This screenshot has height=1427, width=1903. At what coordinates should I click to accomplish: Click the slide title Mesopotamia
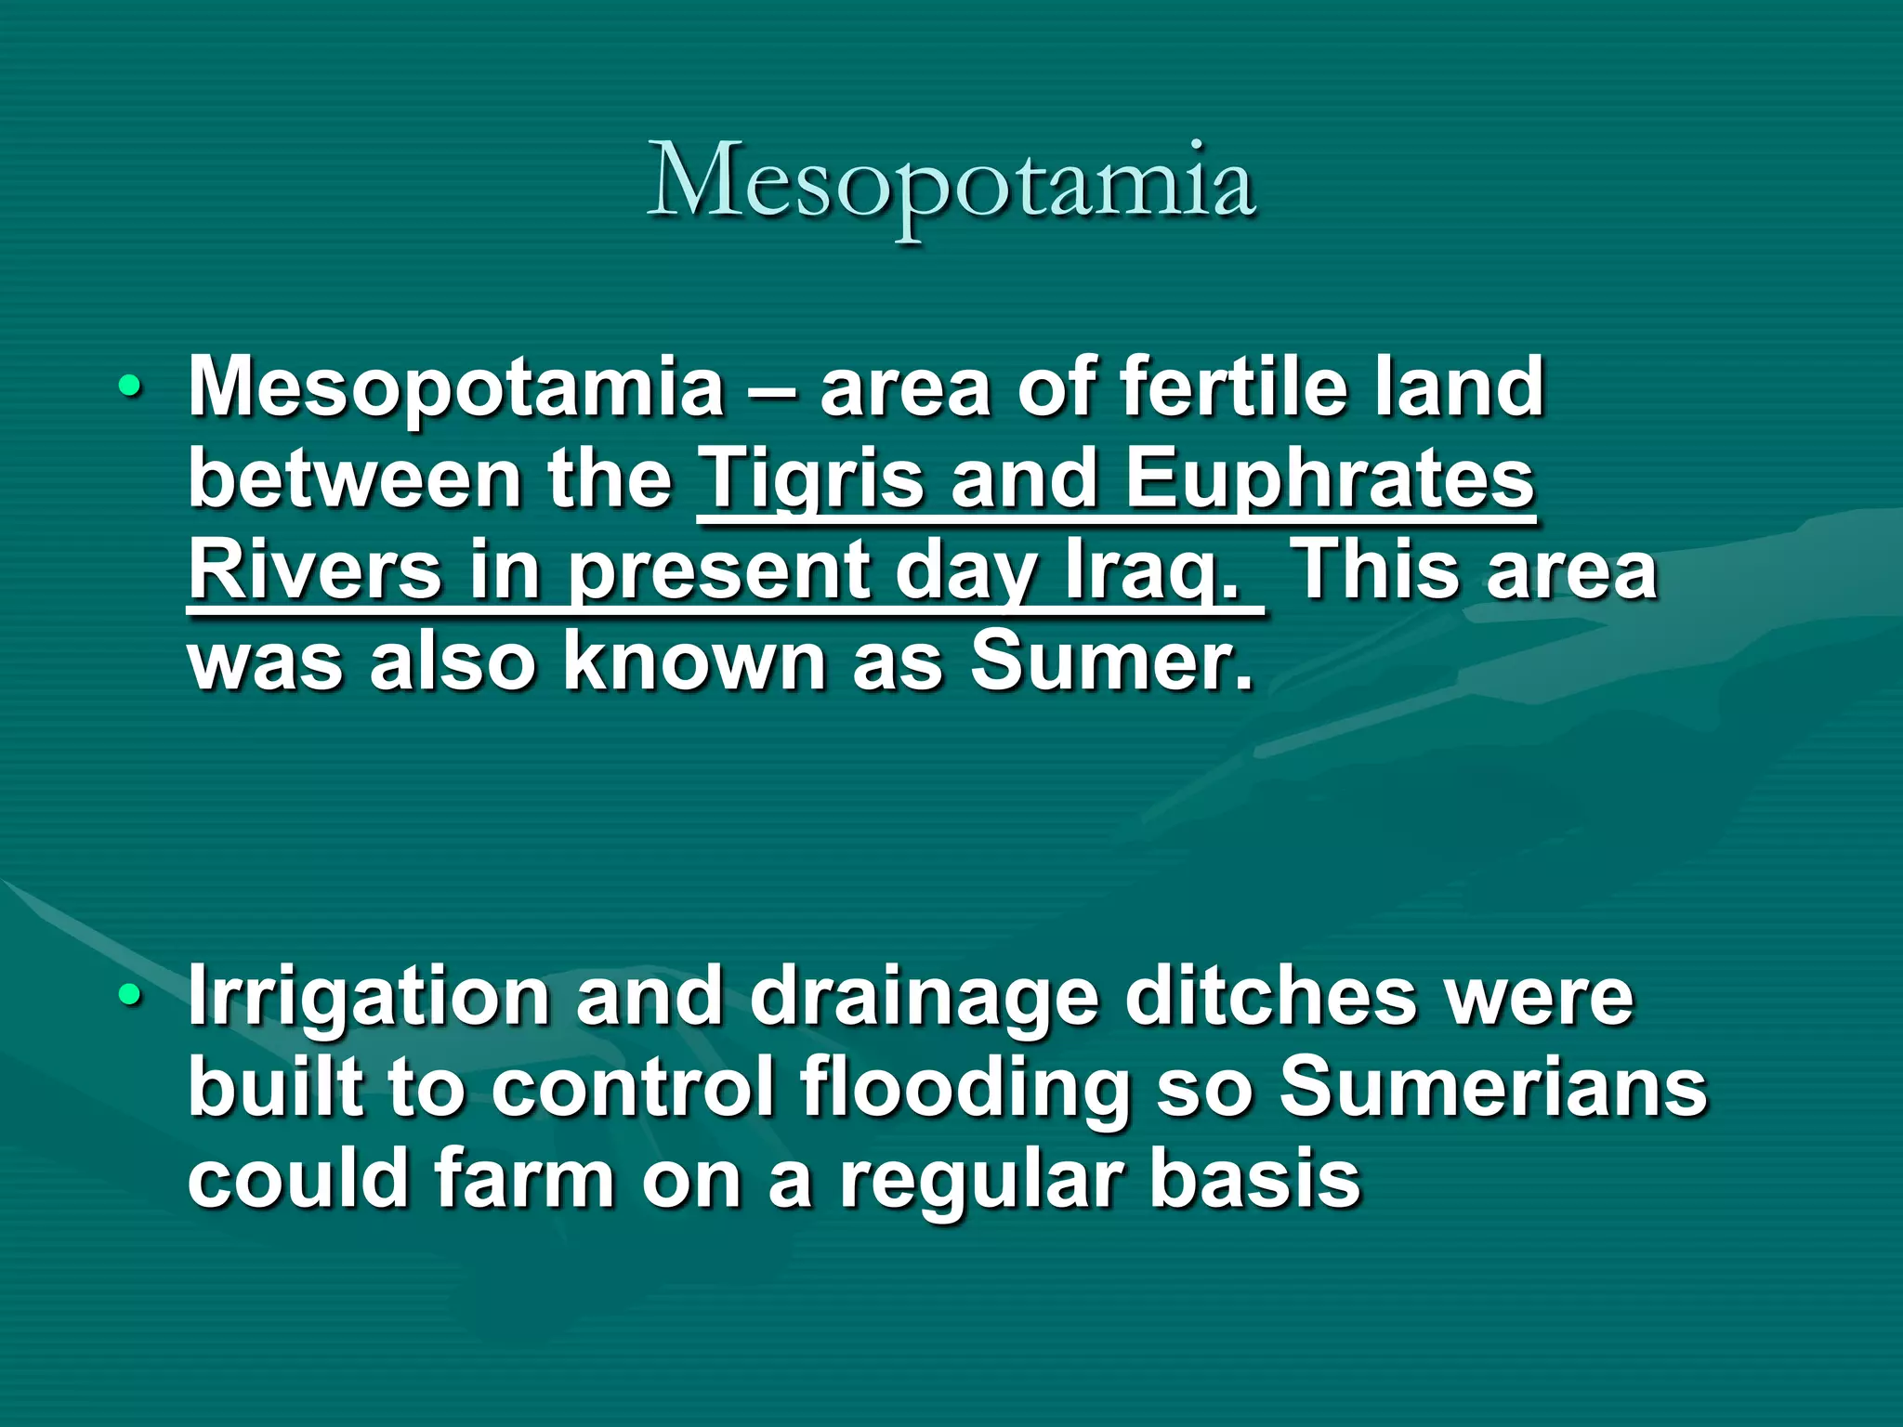click(951, 183)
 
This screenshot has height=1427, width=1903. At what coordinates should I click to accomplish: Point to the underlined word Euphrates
click(1329, 480)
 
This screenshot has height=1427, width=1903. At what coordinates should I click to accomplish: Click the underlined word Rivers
click(314, 571)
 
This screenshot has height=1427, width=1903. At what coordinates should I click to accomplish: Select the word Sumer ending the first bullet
click(1111, 662)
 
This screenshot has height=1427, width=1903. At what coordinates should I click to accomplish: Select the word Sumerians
click(1492, 1089)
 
